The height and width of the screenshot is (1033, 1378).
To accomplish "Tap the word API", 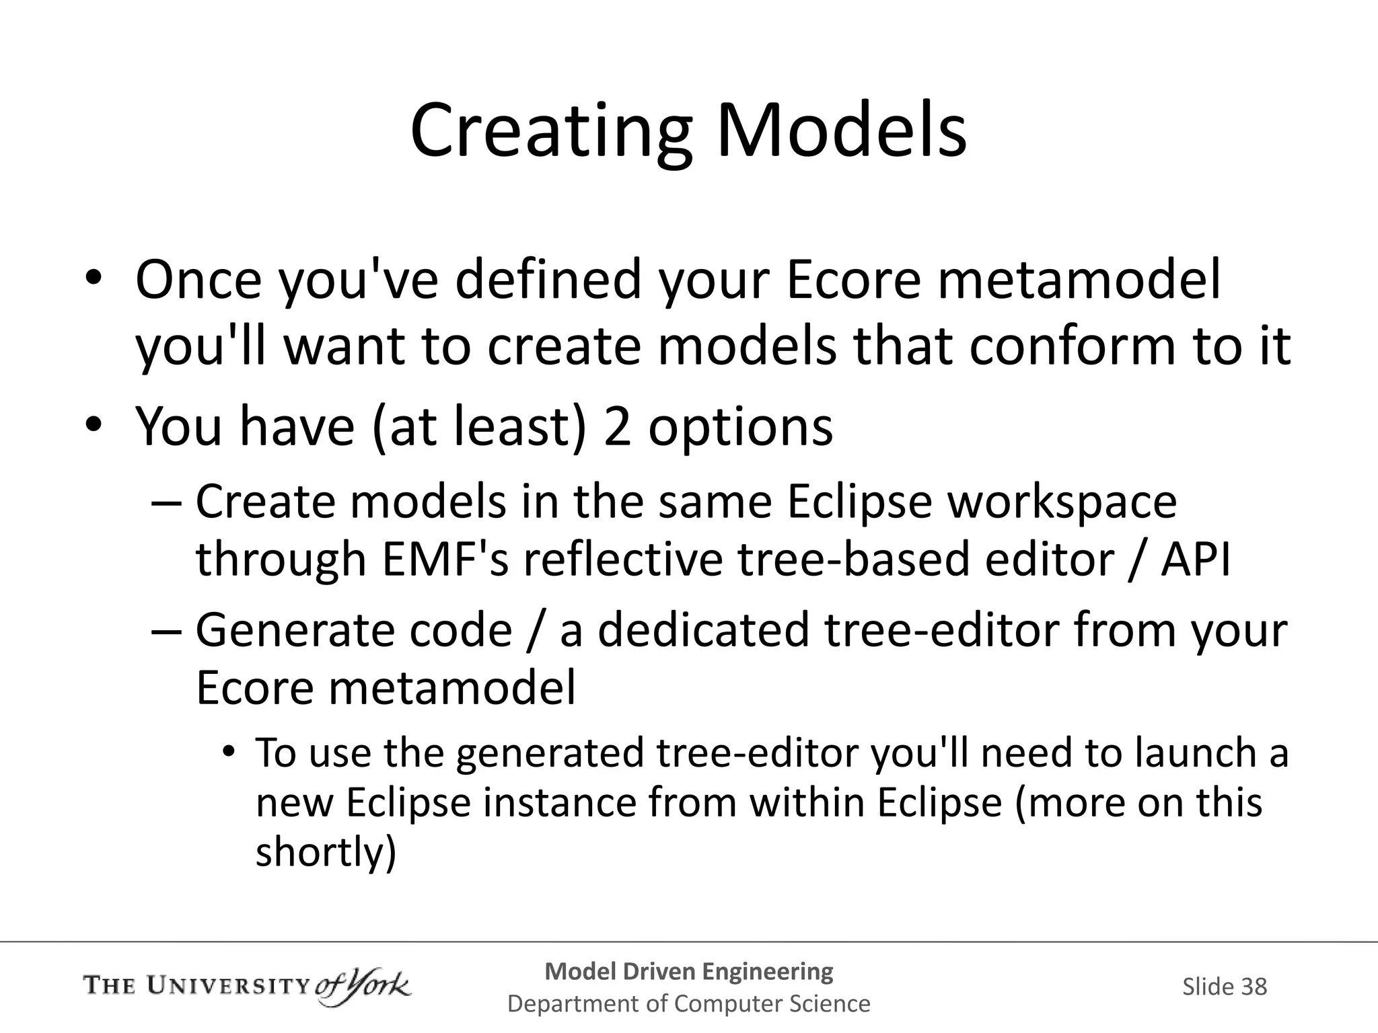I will [x=1196, y=559].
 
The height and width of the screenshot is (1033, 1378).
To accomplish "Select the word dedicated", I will [x=703, y=630].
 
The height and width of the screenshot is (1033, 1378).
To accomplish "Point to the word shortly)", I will [x=326, y=852].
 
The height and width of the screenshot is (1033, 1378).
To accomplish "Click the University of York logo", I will [x=247, y=987].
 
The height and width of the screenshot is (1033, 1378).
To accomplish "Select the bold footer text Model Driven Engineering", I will [x=688, y=971].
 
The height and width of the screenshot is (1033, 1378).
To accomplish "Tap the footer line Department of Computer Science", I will [x=688, y=1003].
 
